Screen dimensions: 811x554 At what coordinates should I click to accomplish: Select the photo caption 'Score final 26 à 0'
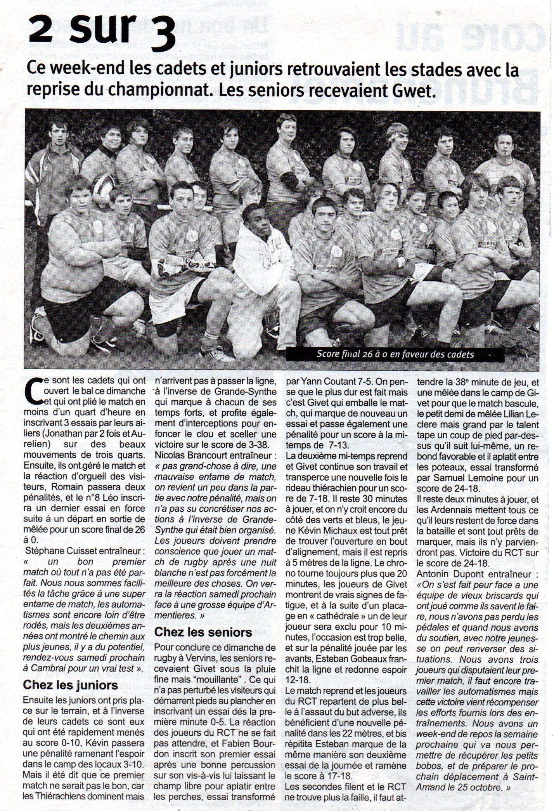(x=395, y=354)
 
